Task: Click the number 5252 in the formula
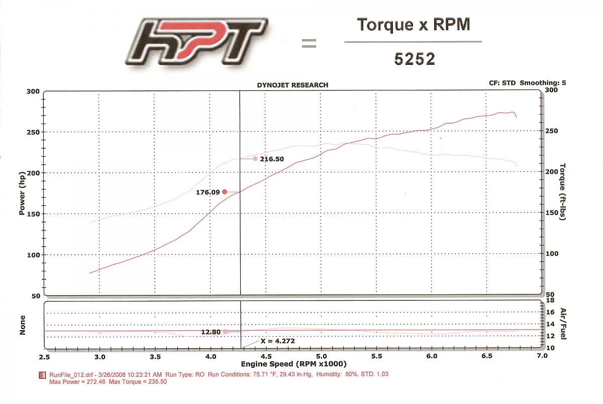[x=413, y=59]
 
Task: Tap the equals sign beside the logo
[x=309, y=44]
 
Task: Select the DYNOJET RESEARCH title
[x=292, y=85]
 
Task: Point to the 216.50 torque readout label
[x=272, y=159]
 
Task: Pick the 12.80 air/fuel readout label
[x=212, y=332]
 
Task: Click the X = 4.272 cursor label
[x=277, y=341]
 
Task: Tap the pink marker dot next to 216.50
[x=255, y=159]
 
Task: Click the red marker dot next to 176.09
[x=225, y=191]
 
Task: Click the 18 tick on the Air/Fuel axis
[x=549, y=300]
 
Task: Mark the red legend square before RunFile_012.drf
[x=41, y=375]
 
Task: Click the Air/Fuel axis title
[x=563, y=324]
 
